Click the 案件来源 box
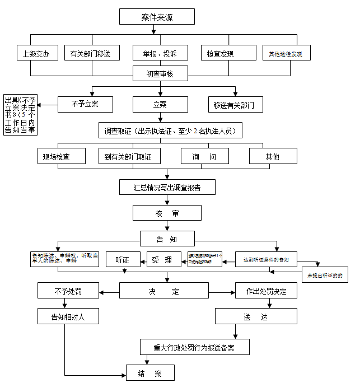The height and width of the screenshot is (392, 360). tap(157, 17)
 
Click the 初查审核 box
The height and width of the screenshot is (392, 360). tap(160, 73)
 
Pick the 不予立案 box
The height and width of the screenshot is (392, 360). tap(85, 104)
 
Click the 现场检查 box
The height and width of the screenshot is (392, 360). tap(57, 156)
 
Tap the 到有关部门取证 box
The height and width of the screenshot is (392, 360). tap(128, 156)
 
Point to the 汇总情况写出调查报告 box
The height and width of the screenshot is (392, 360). tap(167, 187)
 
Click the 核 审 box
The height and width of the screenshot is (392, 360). tap(167, 213)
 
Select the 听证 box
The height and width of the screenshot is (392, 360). tap(123, 259)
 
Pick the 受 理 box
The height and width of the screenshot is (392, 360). tap(163, 259)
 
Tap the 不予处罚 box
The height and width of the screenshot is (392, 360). tap(69, 291)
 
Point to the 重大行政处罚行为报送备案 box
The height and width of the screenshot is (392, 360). tap(194, 347)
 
